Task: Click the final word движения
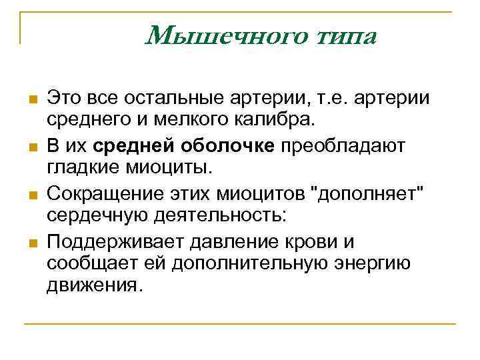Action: coord(94,286)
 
